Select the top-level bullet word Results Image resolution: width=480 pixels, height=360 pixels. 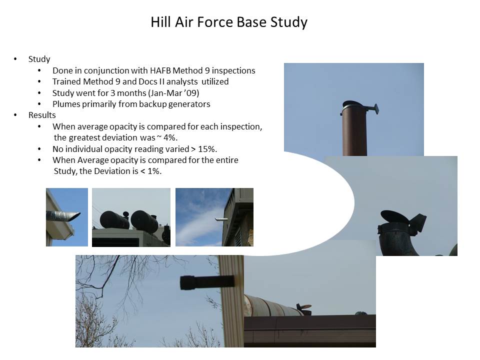(42, 115)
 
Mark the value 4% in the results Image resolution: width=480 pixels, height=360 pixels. (170, 138)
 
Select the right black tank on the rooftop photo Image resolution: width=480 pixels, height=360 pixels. (144, 221)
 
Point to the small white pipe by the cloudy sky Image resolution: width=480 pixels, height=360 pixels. (221, 219)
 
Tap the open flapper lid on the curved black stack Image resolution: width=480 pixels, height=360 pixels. (394, 216)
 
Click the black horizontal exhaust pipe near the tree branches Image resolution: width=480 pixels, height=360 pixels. (207, 282)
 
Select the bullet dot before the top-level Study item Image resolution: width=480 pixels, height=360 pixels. (15, 59)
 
